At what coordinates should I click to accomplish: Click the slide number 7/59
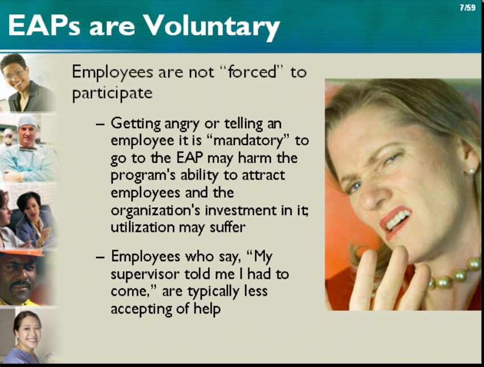[x=468, y=7]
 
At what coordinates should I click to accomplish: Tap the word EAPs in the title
[x=44, y=25]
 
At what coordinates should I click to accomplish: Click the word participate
[x=113, y=93]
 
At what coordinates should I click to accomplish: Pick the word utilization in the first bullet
[x=143, y=227]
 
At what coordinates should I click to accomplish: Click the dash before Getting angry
[x=100, y=125]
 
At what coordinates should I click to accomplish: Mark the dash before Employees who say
[x=100, y=257]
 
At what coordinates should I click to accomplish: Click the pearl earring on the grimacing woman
[x=471, y=170]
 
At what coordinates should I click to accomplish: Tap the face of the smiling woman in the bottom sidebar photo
[x=28, y=332]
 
